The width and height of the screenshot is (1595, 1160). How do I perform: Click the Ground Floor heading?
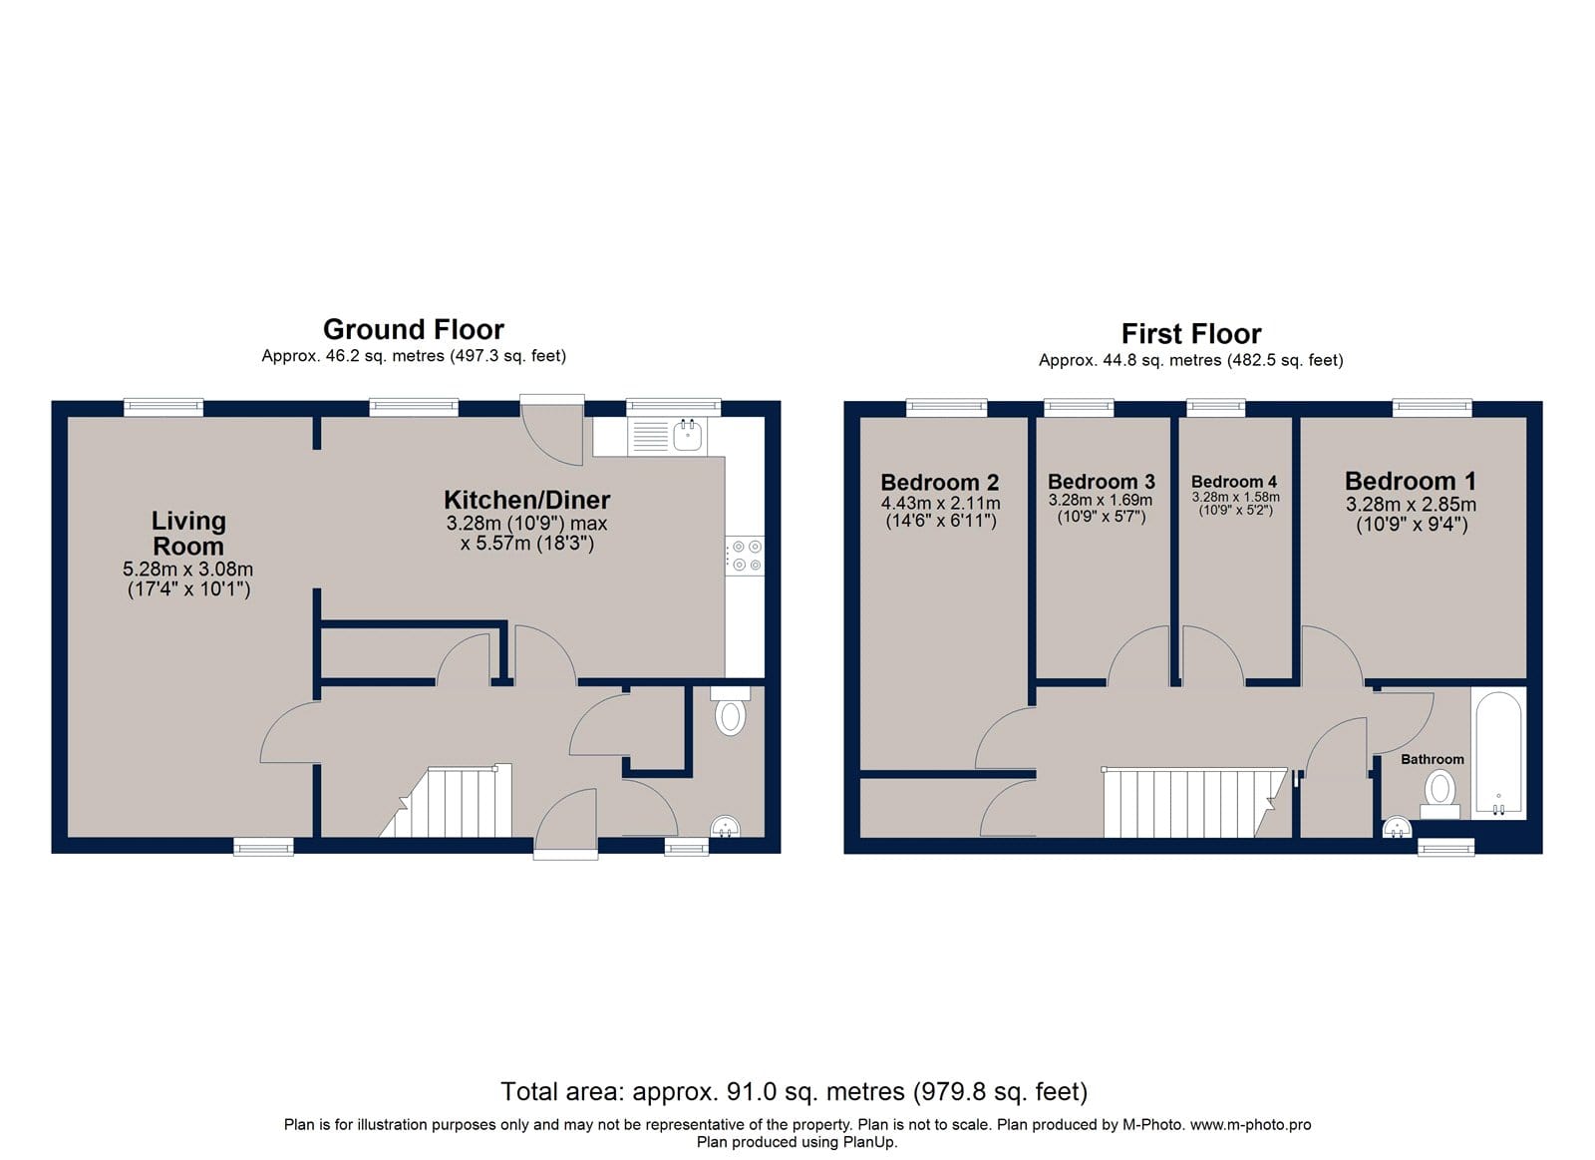(414, 330)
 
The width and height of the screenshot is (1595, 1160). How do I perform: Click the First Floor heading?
(1191, 334)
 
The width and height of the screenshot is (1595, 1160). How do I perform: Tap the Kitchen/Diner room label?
(527, 500)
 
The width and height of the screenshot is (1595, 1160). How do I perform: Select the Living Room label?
(188, 534)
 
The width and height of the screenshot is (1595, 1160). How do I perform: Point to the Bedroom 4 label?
(1234, 482)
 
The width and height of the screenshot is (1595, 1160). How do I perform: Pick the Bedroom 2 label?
(940, 483)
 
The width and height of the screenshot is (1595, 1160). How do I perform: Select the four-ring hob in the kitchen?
(745, 556)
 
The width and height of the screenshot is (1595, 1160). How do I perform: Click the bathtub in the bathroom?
(1499, 754)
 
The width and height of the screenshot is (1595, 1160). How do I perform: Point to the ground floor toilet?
(731, 712)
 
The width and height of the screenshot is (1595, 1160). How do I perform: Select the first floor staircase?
(1195, 802)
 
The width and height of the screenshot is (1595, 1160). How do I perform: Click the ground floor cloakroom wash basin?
(726, 827)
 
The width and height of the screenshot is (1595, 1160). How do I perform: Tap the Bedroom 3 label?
(1102, 482)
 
